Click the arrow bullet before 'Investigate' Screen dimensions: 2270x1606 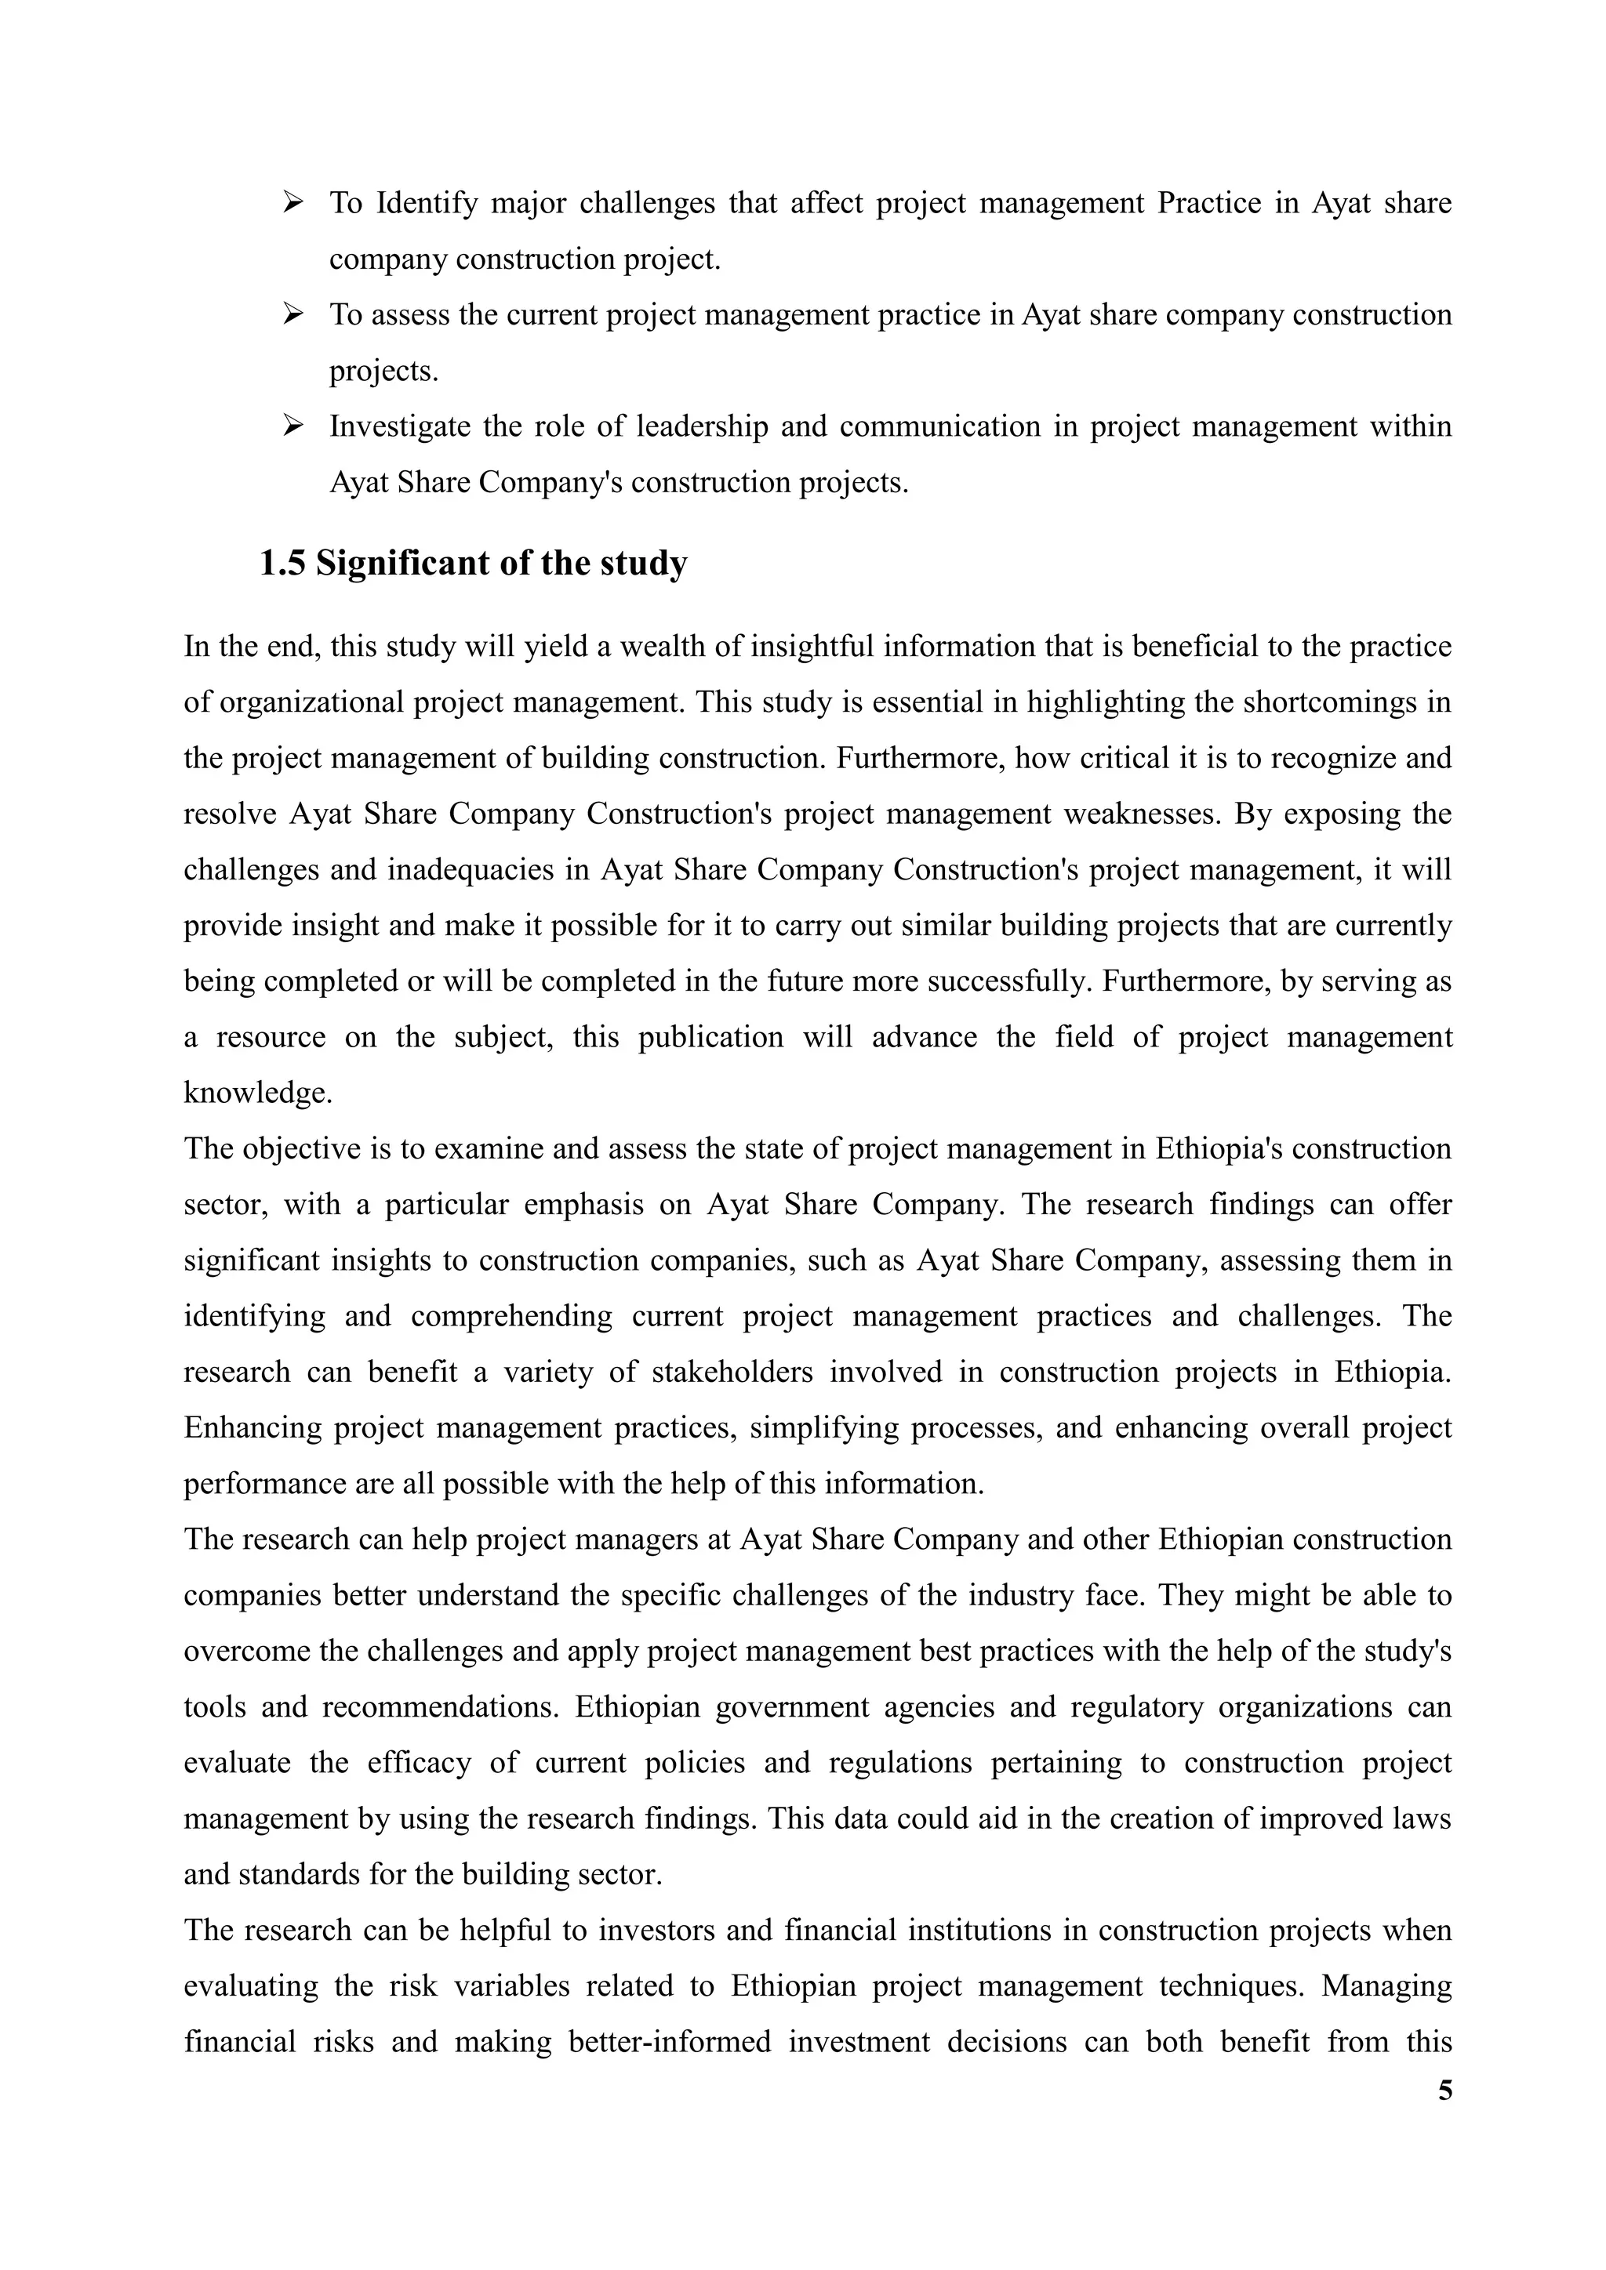point(292,426)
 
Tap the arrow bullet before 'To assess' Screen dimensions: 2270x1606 point(292,314)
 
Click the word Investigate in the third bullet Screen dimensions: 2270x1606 point(398,426)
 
